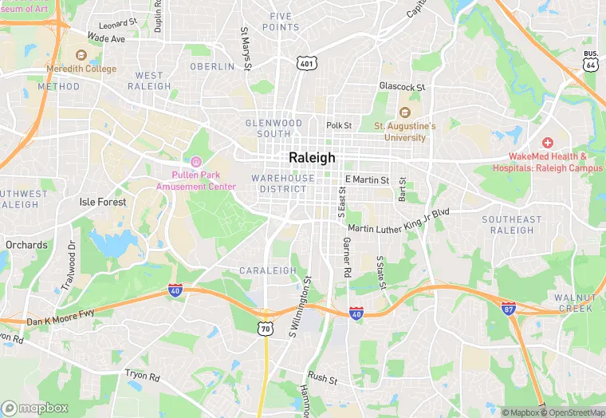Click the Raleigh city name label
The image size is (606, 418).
pos(312,157)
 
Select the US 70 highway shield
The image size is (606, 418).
pos(266,328)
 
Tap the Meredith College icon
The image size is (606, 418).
pos(81,55)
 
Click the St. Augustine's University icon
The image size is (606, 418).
pos(404,112)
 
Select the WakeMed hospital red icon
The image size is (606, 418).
pos(549,142)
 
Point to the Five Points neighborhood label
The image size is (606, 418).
pos(285,22)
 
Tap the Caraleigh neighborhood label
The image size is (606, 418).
pos(268,270)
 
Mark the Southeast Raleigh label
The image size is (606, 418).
pos(511,225)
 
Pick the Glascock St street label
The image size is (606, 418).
pos(403,87)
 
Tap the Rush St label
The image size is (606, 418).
pos(323,377)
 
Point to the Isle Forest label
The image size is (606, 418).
pos(103,202)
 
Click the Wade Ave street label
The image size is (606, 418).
pos(107,37)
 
